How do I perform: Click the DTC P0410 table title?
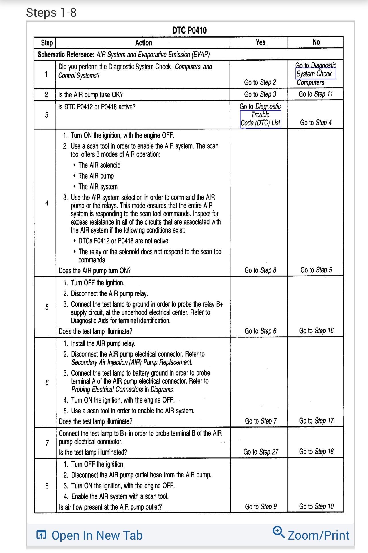[x=189, y=30]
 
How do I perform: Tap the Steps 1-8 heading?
[x=51, y=13]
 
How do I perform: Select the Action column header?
[x=143, y=43]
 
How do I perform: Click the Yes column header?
[x=260, y=42]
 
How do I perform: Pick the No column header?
[x=316, y=42]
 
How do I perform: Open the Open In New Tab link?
[x=97, y=535]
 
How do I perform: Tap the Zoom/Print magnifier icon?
[x=278, y=532]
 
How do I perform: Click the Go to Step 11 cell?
[x=316, y=94]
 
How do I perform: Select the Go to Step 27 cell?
[x=261, y=452]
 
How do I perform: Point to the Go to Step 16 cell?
[x=316, y=331]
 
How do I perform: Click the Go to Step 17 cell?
[x=316, y=421]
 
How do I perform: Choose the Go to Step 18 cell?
[x=316, y=451]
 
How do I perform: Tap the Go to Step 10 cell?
[x=316, y=506]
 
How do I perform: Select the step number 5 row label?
[x=47, y=307]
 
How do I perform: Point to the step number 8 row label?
[x=47, y=486]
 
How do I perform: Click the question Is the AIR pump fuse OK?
[x=91, y=95]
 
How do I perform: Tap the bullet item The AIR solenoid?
[x=99, y=165]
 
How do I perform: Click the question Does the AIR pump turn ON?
[x=95, y=270]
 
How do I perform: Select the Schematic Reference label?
[x=66, y=54]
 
